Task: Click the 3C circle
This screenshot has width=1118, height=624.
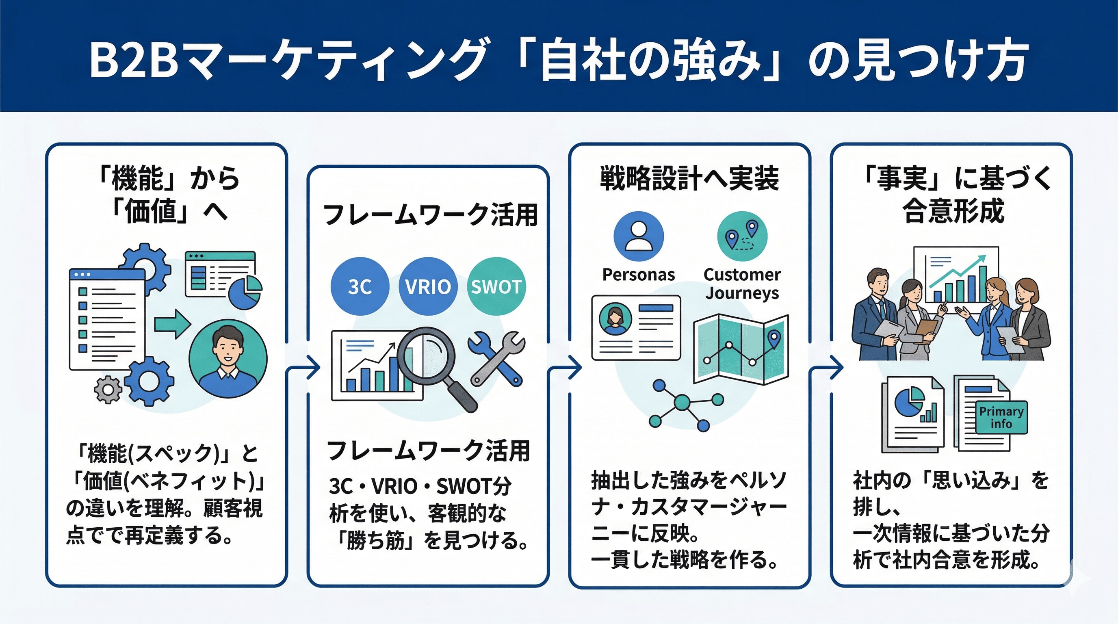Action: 360,286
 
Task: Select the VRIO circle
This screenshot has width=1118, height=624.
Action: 428,286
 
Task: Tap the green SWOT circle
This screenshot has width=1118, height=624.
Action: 496,286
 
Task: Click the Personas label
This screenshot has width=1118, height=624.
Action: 639,275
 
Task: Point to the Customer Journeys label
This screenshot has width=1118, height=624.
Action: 742,284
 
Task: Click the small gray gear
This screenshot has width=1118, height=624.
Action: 108,390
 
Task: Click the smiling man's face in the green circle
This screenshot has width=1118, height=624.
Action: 227,347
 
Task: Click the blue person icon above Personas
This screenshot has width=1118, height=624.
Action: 639,236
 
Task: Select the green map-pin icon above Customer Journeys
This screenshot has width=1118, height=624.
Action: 742,236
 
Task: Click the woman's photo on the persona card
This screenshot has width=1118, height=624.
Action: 615,318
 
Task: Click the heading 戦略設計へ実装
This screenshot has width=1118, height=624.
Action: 689,178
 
